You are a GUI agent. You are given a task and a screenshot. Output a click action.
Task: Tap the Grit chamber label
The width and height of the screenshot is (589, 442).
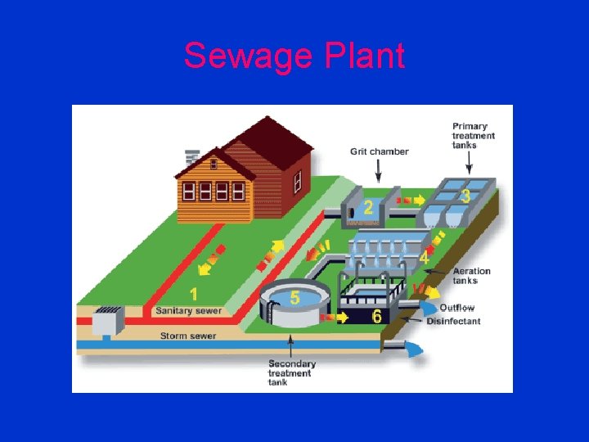379,151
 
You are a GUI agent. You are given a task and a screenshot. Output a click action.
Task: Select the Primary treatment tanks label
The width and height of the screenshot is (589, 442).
474,136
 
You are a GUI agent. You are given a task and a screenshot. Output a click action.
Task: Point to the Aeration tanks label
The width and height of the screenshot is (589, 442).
471,276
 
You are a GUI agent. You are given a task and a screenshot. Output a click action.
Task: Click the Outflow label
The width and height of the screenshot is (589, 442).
456,308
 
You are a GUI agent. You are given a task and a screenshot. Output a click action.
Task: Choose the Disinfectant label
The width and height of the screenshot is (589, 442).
453,321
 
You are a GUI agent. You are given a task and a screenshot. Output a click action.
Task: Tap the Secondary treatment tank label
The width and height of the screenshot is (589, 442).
291,372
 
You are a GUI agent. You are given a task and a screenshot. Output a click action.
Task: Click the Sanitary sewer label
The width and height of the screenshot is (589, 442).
188,311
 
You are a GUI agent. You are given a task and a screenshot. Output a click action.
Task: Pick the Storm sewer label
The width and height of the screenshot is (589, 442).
188,336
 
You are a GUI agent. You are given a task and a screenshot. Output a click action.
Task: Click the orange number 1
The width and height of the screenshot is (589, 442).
195,293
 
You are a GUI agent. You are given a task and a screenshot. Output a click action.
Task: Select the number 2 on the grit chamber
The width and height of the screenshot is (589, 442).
369,208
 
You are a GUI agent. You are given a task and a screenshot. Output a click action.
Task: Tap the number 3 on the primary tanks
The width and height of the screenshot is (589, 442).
465,196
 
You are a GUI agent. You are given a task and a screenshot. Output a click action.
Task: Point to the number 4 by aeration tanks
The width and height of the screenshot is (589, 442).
424,258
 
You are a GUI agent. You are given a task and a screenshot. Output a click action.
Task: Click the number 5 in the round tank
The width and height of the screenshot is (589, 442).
294,298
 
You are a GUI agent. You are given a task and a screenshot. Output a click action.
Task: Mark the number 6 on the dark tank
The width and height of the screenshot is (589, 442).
377,316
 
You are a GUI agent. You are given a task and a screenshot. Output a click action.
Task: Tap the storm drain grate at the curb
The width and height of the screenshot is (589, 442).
108,312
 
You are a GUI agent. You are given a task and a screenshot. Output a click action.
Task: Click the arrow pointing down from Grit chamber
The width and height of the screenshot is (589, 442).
378,169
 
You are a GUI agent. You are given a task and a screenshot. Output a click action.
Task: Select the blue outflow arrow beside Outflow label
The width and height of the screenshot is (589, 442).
429,308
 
